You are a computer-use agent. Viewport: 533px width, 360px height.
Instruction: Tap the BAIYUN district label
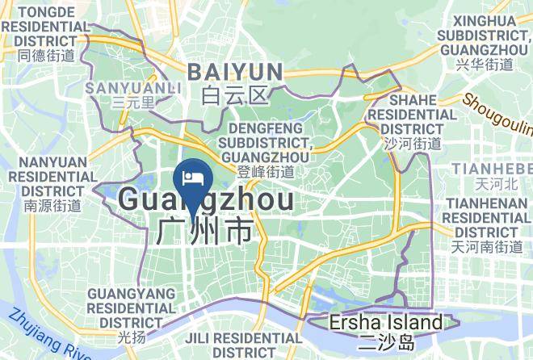tap(235, 72)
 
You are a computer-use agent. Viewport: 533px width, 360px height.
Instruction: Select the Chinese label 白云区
tap(234, 97)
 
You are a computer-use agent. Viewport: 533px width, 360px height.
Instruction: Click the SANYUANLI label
tap(124, 86)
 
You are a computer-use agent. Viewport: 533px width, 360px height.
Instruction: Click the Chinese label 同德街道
tap(46, 56)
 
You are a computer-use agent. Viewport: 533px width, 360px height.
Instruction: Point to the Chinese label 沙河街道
tap(412, 143)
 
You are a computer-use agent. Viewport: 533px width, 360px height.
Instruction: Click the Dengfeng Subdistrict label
tap(266, 142)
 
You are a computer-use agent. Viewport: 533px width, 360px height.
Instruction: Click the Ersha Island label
tap(386, 323)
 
